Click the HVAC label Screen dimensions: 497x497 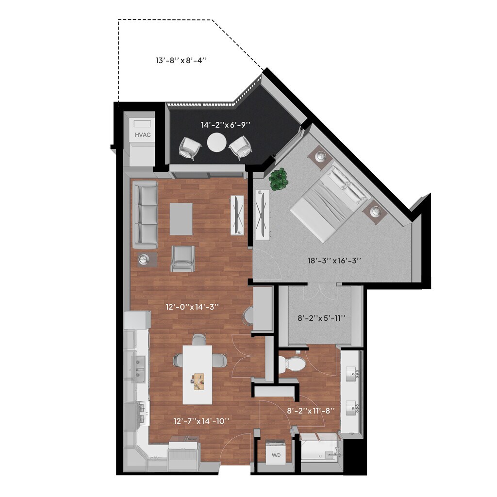coord(143,134)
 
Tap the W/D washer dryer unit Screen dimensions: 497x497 coord(276,452)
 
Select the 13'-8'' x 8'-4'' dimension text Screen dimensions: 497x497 coord(181,61)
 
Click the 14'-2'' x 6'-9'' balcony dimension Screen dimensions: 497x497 coord(226,125)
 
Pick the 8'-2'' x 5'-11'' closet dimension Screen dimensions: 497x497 coord(321,318)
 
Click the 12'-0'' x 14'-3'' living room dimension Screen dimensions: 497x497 coord(192,307)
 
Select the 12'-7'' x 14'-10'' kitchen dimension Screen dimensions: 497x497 coord(201,421)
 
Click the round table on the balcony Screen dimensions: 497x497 coord(216,143)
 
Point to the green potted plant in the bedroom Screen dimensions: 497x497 coord(279,179)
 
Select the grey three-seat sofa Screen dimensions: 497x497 coord(145,215)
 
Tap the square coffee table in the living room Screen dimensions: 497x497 coord(181,218)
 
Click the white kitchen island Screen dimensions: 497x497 coord(198,374)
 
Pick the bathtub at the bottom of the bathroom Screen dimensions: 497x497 coord(319,449)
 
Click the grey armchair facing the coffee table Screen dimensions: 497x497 coord(182,258)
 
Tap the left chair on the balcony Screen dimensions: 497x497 coord(190,148)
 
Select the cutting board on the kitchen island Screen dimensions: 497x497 coord(199,381)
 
